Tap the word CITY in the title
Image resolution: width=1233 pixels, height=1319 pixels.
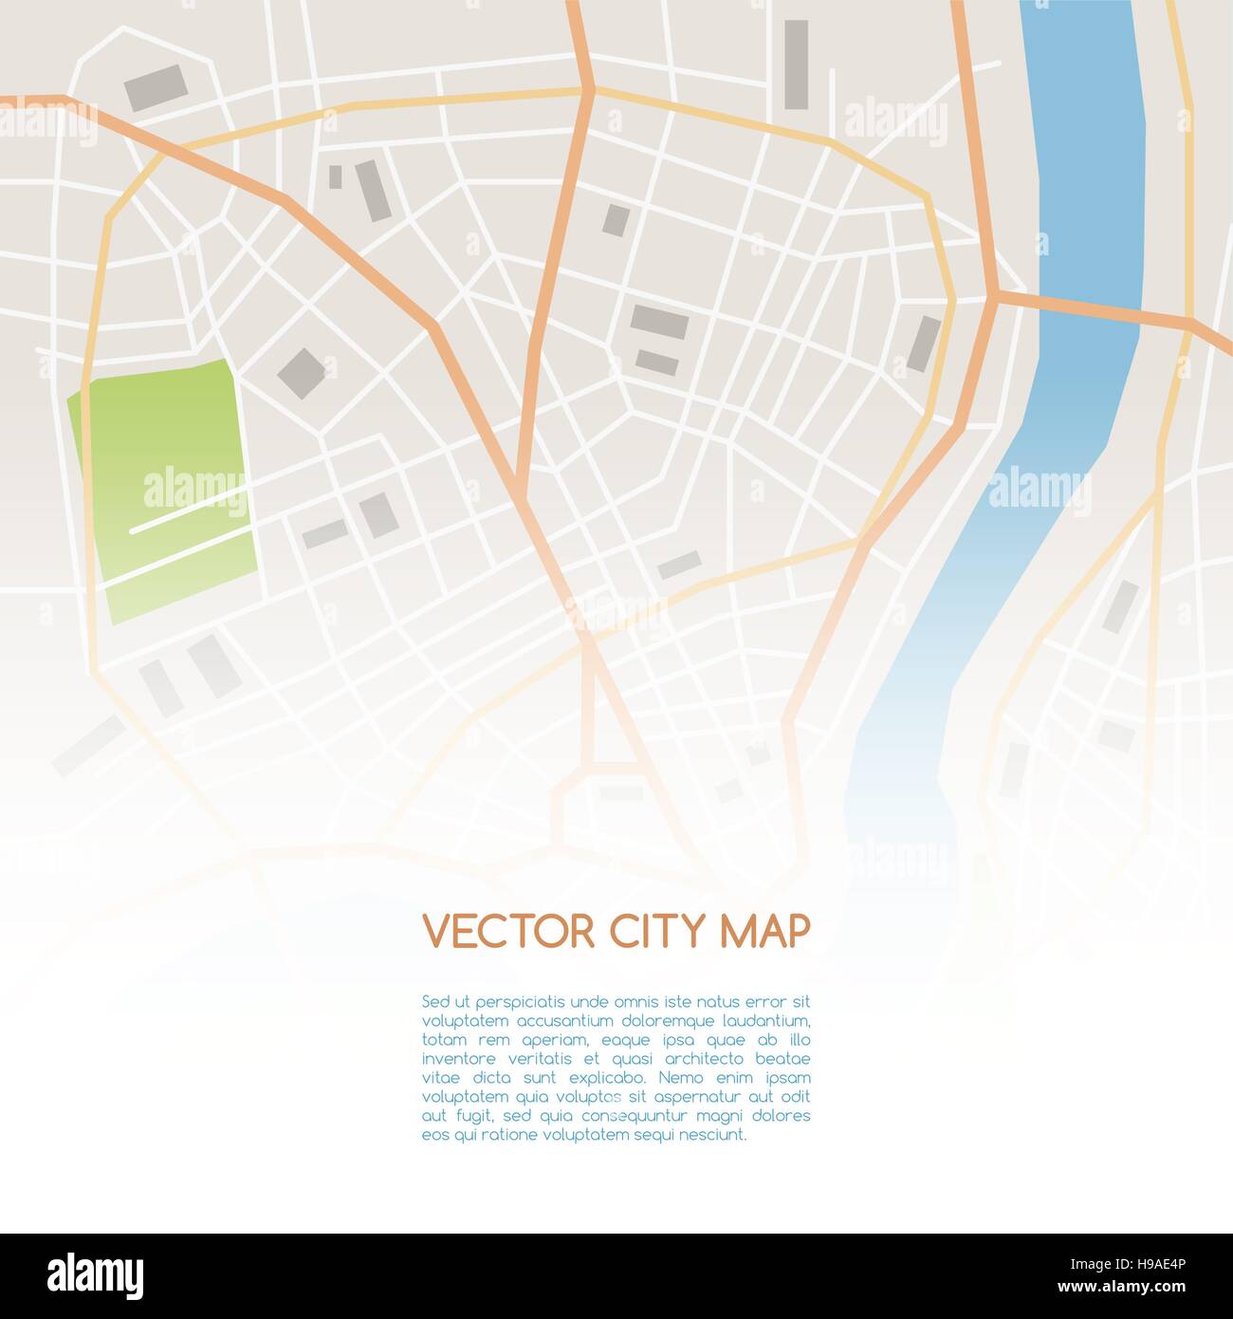tap(656, 932)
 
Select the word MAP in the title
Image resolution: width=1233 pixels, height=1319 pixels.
tap(765, 932)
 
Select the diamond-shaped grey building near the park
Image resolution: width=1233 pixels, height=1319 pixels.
tap(302, 372)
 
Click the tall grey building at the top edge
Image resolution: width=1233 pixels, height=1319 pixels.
tap(796, 64)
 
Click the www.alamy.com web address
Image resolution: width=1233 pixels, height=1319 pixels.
tap(1125, 1288)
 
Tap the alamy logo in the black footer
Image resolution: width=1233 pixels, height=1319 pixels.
tap(95, 1276)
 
